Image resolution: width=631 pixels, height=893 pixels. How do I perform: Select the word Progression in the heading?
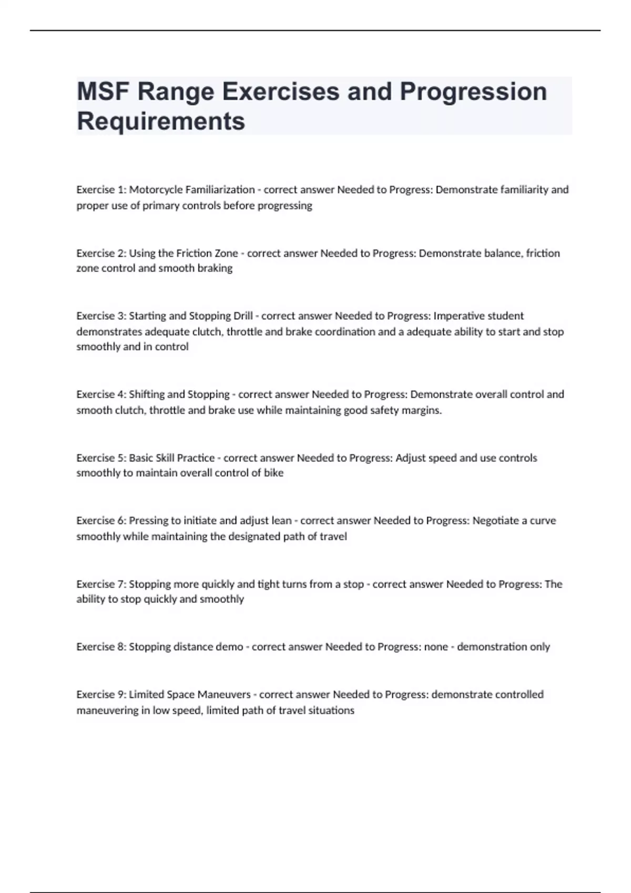click(473, 92)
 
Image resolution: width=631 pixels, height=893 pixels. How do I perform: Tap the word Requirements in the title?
click(161, 121)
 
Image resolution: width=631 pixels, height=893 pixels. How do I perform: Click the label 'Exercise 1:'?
click(101, 190)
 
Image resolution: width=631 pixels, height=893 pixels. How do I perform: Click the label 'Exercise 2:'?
click(101, 253)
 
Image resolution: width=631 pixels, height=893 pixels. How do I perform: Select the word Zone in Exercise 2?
click(226, 253)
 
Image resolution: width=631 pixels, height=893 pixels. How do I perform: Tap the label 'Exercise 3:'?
click(101, 316)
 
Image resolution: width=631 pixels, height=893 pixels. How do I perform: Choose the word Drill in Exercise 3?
click(242, 316)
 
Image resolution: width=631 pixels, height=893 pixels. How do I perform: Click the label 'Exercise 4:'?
click(101, 394)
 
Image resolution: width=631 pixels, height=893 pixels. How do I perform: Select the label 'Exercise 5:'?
click(101, 458)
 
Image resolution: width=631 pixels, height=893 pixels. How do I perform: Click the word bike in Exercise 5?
click(273, 473)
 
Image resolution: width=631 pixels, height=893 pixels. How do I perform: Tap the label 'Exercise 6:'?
click(101, 521)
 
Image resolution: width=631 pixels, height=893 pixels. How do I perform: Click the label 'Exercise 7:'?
click(101, 584)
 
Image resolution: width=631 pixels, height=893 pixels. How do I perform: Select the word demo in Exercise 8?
click(229, 647)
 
